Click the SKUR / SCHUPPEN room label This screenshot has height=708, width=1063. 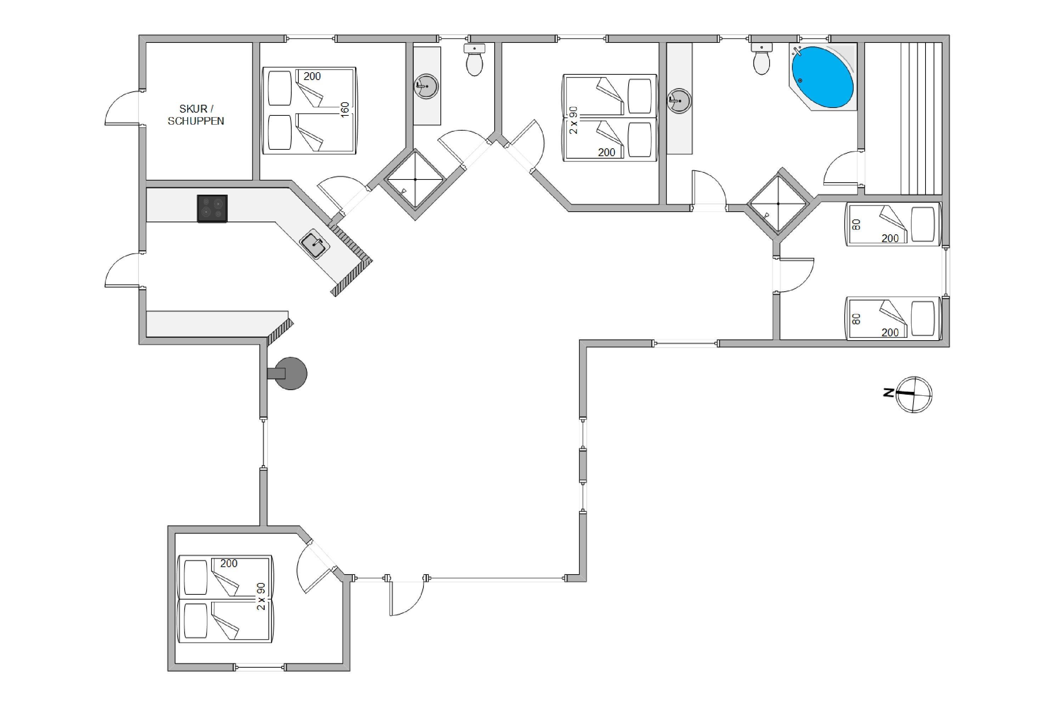pos(196,115)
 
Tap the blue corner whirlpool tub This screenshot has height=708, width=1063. pos(822,77)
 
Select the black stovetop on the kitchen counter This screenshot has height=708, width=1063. pos(212,209)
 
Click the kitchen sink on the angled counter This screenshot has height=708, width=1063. pos(315,244)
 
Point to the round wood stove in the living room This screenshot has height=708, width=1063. pos(289,373)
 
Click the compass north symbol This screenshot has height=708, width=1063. pos(914,395)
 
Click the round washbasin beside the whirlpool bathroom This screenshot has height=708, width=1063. pos(679,100)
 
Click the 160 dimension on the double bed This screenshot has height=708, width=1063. pos(345,110)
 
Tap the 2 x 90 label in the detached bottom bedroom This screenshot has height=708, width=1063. pos(261,596)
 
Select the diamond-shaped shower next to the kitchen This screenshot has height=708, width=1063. pos(415,179)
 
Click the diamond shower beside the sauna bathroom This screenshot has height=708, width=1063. pos(778,204)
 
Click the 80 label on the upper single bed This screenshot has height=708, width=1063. pos(856,224)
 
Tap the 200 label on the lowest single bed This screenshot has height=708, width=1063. pos(890,332)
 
